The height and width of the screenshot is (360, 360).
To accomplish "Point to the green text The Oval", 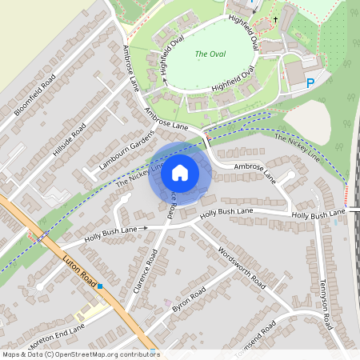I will pyautogui.click(x=211, y=55).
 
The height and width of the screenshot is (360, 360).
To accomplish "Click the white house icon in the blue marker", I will pyautogui.click(x=180, y=172).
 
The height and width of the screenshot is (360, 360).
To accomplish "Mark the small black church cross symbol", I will pyautogui.click(x=275, y=19).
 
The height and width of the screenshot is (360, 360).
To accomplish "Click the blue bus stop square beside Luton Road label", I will pyautogui.click(x=100, y=286).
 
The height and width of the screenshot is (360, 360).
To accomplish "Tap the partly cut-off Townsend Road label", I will pyautogui.click(x=256, y=339).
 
